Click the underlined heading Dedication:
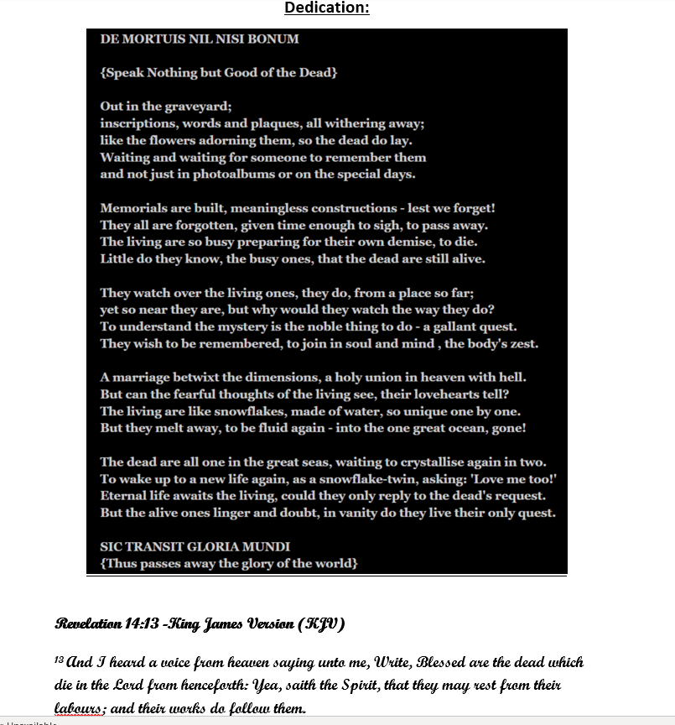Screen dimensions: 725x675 pyautogui.click(x=327, y=8)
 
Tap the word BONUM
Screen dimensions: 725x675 pyautogui.click(x=273, y=39)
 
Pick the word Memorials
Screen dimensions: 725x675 pyautogui.click(x=132, y=208)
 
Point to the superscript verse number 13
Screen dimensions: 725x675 pyautogui.click(x=60, y=660)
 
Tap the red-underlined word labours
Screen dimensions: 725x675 pyautogui.click(x=80, y=709)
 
